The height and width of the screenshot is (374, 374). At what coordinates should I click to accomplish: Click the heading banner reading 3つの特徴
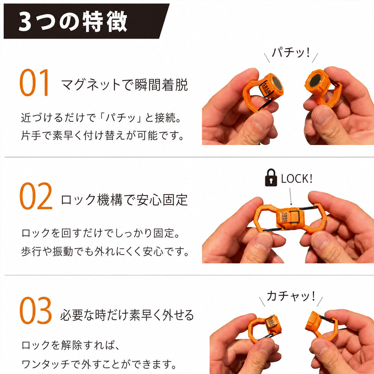pos(86,21)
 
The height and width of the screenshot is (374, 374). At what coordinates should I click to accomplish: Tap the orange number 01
pos(34,83)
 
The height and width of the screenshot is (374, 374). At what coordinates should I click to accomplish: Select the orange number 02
pos(36,196)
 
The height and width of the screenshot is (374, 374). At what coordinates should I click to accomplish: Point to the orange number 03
pos(36,310)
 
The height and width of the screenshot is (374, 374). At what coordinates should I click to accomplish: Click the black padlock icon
pos(271,177)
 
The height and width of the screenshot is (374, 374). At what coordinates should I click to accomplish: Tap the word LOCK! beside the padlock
pos(297,179)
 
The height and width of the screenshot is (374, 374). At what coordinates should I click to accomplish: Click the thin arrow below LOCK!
pos(291,197)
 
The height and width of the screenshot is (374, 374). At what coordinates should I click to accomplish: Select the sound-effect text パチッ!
pos(291,52)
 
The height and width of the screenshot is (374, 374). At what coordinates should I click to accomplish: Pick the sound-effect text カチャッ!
pos(291,296)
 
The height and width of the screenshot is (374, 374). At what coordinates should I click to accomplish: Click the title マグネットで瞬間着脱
pos(125,85)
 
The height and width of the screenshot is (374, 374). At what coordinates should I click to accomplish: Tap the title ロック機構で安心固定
pos(124,200)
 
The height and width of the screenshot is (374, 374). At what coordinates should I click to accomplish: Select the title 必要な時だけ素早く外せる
pos(127,315)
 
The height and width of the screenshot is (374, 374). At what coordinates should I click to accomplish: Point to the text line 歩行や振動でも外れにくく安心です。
pos(105,251)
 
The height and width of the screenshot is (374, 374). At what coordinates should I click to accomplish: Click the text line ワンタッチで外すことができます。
pos(99,364)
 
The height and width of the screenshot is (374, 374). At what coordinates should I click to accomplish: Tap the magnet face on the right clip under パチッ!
pos(315,81)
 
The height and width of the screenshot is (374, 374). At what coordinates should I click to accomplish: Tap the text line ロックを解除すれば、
pos(71,345)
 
